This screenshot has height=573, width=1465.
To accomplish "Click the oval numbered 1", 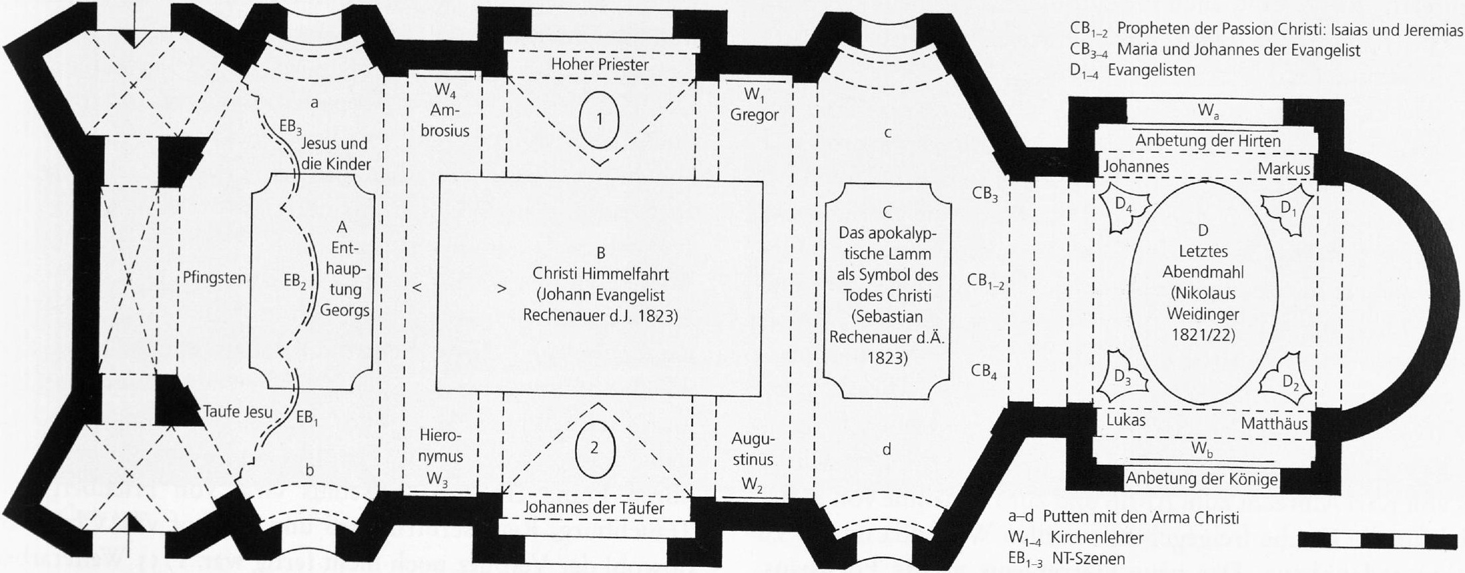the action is (x=599, y=120).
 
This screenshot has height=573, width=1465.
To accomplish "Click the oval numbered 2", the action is (x=594, y=447).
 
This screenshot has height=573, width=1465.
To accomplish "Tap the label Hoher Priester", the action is (x=600, y=65).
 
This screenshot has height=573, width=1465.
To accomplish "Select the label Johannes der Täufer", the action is (x=593, y=508).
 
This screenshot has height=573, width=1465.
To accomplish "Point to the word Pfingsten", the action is (x=214, y=278).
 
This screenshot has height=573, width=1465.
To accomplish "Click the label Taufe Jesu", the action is (x=237, y=411).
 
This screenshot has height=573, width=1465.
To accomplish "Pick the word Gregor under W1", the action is (x=754, y=115).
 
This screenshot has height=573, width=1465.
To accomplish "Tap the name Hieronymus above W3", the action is (x=441, y=446).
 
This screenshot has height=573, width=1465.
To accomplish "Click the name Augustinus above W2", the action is (x=753, y=449).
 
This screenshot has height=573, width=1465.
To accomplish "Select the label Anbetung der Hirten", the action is (x=1208, y=141).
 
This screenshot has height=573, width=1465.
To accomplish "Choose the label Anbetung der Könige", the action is (x=1202, y=479).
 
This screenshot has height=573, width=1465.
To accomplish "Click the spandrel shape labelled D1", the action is (x=1287, y=210).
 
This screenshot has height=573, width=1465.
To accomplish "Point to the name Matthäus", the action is (x=1274, y=423).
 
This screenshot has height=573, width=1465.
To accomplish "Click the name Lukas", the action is (x=1126, y=420).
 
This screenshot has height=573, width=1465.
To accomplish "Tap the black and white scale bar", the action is (x=1377, y=540).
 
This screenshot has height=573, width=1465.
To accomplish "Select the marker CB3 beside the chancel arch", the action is (x=985, y=195).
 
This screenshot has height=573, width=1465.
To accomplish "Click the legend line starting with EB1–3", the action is (x=1067, y=558).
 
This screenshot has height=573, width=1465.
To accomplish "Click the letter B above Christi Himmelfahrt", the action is (x=600, y=253).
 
